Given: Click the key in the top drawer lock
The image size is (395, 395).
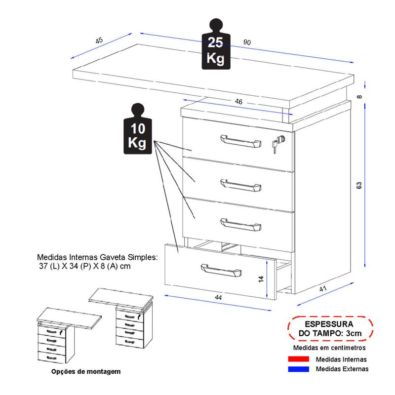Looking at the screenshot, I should tap(277, 144).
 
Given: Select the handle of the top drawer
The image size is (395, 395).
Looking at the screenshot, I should tap(240, 141).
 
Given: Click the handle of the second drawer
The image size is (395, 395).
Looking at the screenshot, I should tap(240, 185).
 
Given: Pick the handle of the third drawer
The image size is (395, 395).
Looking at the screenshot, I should tap(240, 224).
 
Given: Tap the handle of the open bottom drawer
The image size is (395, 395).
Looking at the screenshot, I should tap(221, 270).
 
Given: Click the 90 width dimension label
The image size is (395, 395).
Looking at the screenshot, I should tap(247, 43).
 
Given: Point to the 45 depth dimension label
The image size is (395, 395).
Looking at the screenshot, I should tap(99, 40).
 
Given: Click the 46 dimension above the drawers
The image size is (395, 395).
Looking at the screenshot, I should tap(238, 102).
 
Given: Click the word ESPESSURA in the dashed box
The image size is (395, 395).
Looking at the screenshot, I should tap(328, 324).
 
